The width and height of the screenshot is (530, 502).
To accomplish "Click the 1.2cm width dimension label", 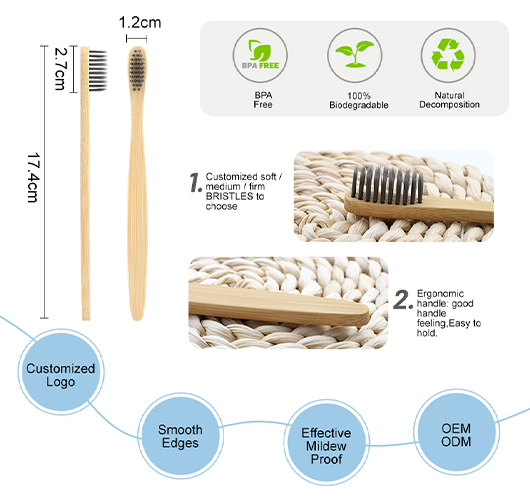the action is coord(140,23).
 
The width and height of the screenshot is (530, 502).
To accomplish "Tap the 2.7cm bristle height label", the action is coord(60,69).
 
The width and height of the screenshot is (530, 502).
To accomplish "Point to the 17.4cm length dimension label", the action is coord(33,178).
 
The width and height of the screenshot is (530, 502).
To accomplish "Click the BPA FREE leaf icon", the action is coord(260,54).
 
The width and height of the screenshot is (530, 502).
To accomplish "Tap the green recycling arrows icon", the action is coord(448,55).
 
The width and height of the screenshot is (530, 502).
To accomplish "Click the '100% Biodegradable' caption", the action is coord(359,100).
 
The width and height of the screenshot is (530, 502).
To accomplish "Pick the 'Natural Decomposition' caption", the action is coord(449,100).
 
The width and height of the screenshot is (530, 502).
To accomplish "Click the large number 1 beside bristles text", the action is coord(196,183).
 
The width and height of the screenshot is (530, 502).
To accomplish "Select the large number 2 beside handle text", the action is coord(403,300).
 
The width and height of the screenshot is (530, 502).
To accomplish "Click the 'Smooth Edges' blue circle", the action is coord(180,436).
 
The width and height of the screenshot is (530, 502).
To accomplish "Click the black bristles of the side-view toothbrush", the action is coord(98,70).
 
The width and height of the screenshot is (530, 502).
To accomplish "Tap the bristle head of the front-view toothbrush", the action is coord(138,69).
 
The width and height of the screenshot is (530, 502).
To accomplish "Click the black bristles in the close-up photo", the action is coord(387,184).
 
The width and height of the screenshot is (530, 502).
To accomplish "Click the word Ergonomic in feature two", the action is coord(440,293).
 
